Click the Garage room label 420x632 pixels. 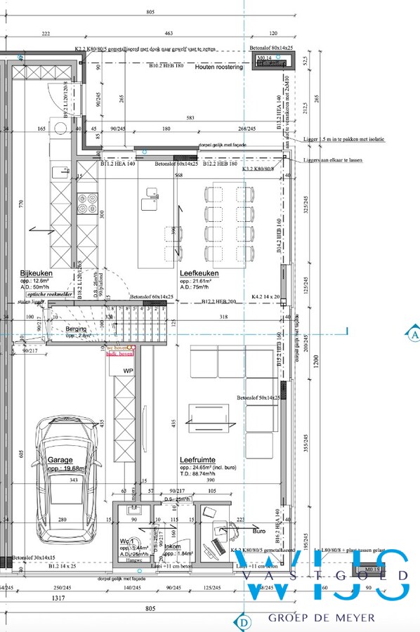[61, 461]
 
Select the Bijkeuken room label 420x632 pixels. [37, 273]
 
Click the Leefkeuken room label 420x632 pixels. [199, 273]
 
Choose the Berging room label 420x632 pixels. [76, 329]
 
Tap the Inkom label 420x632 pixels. [173, 546]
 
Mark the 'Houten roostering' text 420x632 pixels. [219, 67]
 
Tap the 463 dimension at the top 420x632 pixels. [169, 34]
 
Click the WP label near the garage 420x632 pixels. [129, 370]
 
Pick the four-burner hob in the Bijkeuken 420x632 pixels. [87, 203]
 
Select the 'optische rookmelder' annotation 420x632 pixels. [45, 295]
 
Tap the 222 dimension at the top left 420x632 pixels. [46, 34]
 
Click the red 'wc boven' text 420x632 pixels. [117, 348]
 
